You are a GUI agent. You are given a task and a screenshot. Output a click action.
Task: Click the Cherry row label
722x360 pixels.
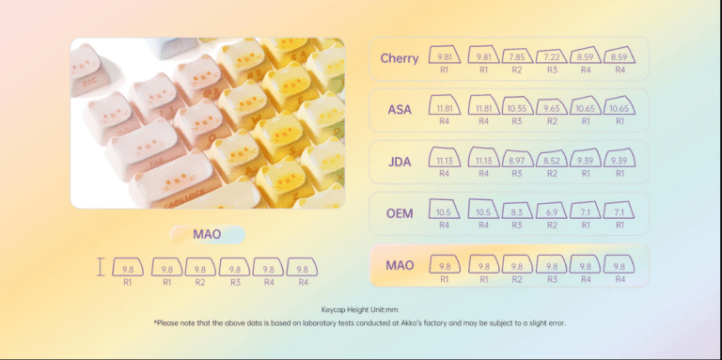point(400,58)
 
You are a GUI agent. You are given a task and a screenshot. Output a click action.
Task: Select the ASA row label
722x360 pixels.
point(400,110)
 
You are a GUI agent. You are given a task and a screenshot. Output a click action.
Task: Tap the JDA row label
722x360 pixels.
point(400,162)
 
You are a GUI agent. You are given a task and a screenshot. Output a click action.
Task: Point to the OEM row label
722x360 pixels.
point(400,213)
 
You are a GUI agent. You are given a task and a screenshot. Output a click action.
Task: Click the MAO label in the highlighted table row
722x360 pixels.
point(400,266)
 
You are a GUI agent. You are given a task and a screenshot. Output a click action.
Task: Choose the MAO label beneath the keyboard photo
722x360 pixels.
point(207,234)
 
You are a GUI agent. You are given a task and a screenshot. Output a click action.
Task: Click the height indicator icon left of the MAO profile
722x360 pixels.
point(101,269)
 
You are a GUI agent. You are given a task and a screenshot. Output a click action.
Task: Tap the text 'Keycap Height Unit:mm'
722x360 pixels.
point(360,308)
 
